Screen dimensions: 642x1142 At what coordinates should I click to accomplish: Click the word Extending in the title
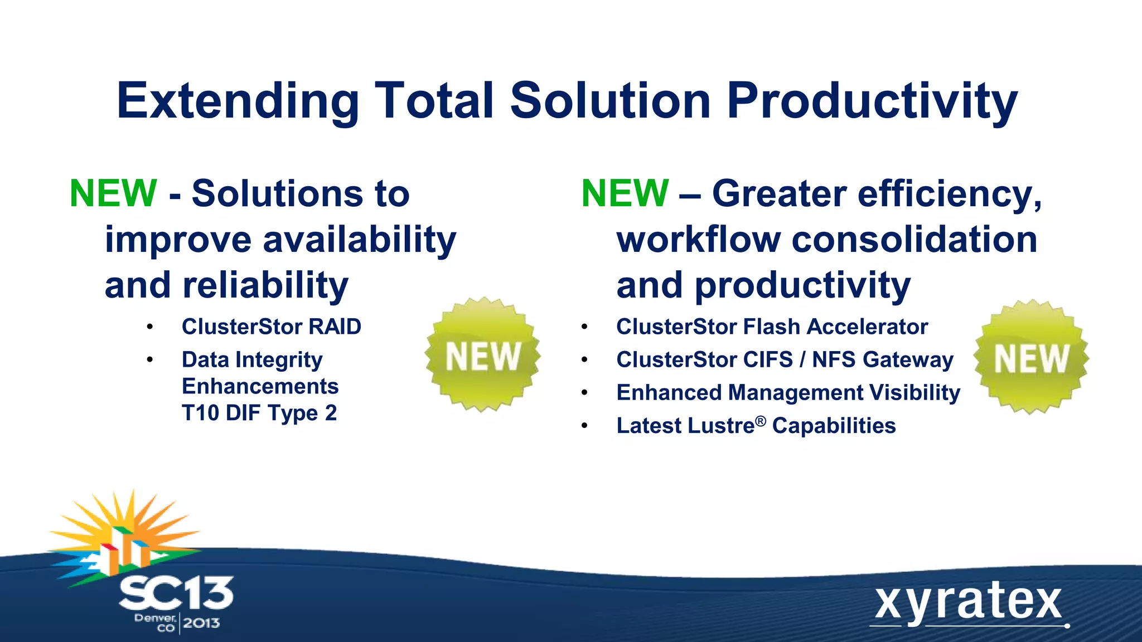[x=237, y=101]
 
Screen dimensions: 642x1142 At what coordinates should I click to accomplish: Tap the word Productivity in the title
[x=873, y=101]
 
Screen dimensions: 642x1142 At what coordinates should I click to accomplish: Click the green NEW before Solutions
[x=113, y=193]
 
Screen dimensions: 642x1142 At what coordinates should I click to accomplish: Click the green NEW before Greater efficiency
[x=625, y=193]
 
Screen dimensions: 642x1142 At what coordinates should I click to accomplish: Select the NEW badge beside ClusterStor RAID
[x=482, y=355]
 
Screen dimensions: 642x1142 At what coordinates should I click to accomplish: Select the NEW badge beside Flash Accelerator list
[x=1031, y=357]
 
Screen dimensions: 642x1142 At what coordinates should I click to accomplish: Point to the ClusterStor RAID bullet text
[x=271, y=327]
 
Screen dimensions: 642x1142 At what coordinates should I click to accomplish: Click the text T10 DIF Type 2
[x=259, y=413]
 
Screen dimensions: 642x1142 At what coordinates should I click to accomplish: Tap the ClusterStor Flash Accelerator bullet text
[x=772, y=327]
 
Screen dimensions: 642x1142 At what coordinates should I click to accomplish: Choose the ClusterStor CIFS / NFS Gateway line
[x=785, y=359]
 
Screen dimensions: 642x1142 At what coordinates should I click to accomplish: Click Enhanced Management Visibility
[x=788, y=392]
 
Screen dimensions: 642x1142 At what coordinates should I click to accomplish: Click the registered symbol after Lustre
[x=761, y=421]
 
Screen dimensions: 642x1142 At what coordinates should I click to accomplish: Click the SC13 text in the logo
[x=176, y=594]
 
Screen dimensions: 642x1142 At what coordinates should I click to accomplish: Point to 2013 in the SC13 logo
[x=201, y=623]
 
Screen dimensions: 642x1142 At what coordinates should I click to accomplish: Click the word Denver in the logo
[x=155, y=617]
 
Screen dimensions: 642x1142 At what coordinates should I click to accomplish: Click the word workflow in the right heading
[x=698, y=240]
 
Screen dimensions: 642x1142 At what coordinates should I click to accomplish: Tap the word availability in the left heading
[x=359, y=240]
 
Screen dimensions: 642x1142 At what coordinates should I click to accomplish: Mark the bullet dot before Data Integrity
[x=149, y=360]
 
